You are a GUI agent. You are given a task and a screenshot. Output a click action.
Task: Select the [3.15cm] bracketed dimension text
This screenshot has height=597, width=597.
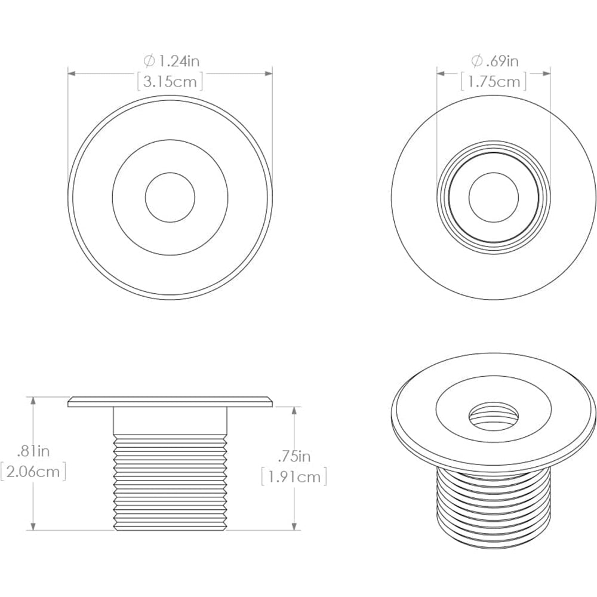tap(170, 82)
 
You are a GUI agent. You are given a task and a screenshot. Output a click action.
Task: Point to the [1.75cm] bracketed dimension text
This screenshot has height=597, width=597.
tap(493, 82)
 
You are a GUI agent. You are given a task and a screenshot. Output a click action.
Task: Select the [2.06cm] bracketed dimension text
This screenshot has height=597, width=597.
tap(33, 473)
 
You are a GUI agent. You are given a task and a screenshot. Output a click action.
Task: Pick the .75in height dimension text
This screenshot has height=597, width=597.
tap(294, 457)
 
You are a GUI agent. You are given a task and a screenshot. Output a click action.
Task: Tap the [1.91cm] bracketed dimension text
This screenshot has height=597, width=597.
tap(294, 477)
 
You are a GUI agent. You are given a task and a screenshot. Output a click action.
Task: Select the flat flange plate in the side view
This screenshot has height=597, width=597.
tap(170, 402)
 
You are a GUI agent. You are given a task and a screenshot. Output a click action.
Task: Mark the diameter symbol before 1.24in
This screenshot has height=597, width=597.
tap(149, 61)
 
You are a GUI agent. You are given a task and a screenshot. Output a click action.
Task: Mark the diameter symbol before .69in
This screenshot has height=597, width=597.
tap(476, 61)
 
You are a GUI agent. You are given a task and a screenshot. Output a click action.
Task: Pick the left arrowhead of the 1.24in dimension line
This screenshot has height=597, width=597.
tap(71, 73)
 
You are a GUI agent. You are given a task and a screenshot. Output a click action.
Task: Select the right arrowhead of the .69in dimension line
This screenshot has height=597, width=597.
tap(546, 73)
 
